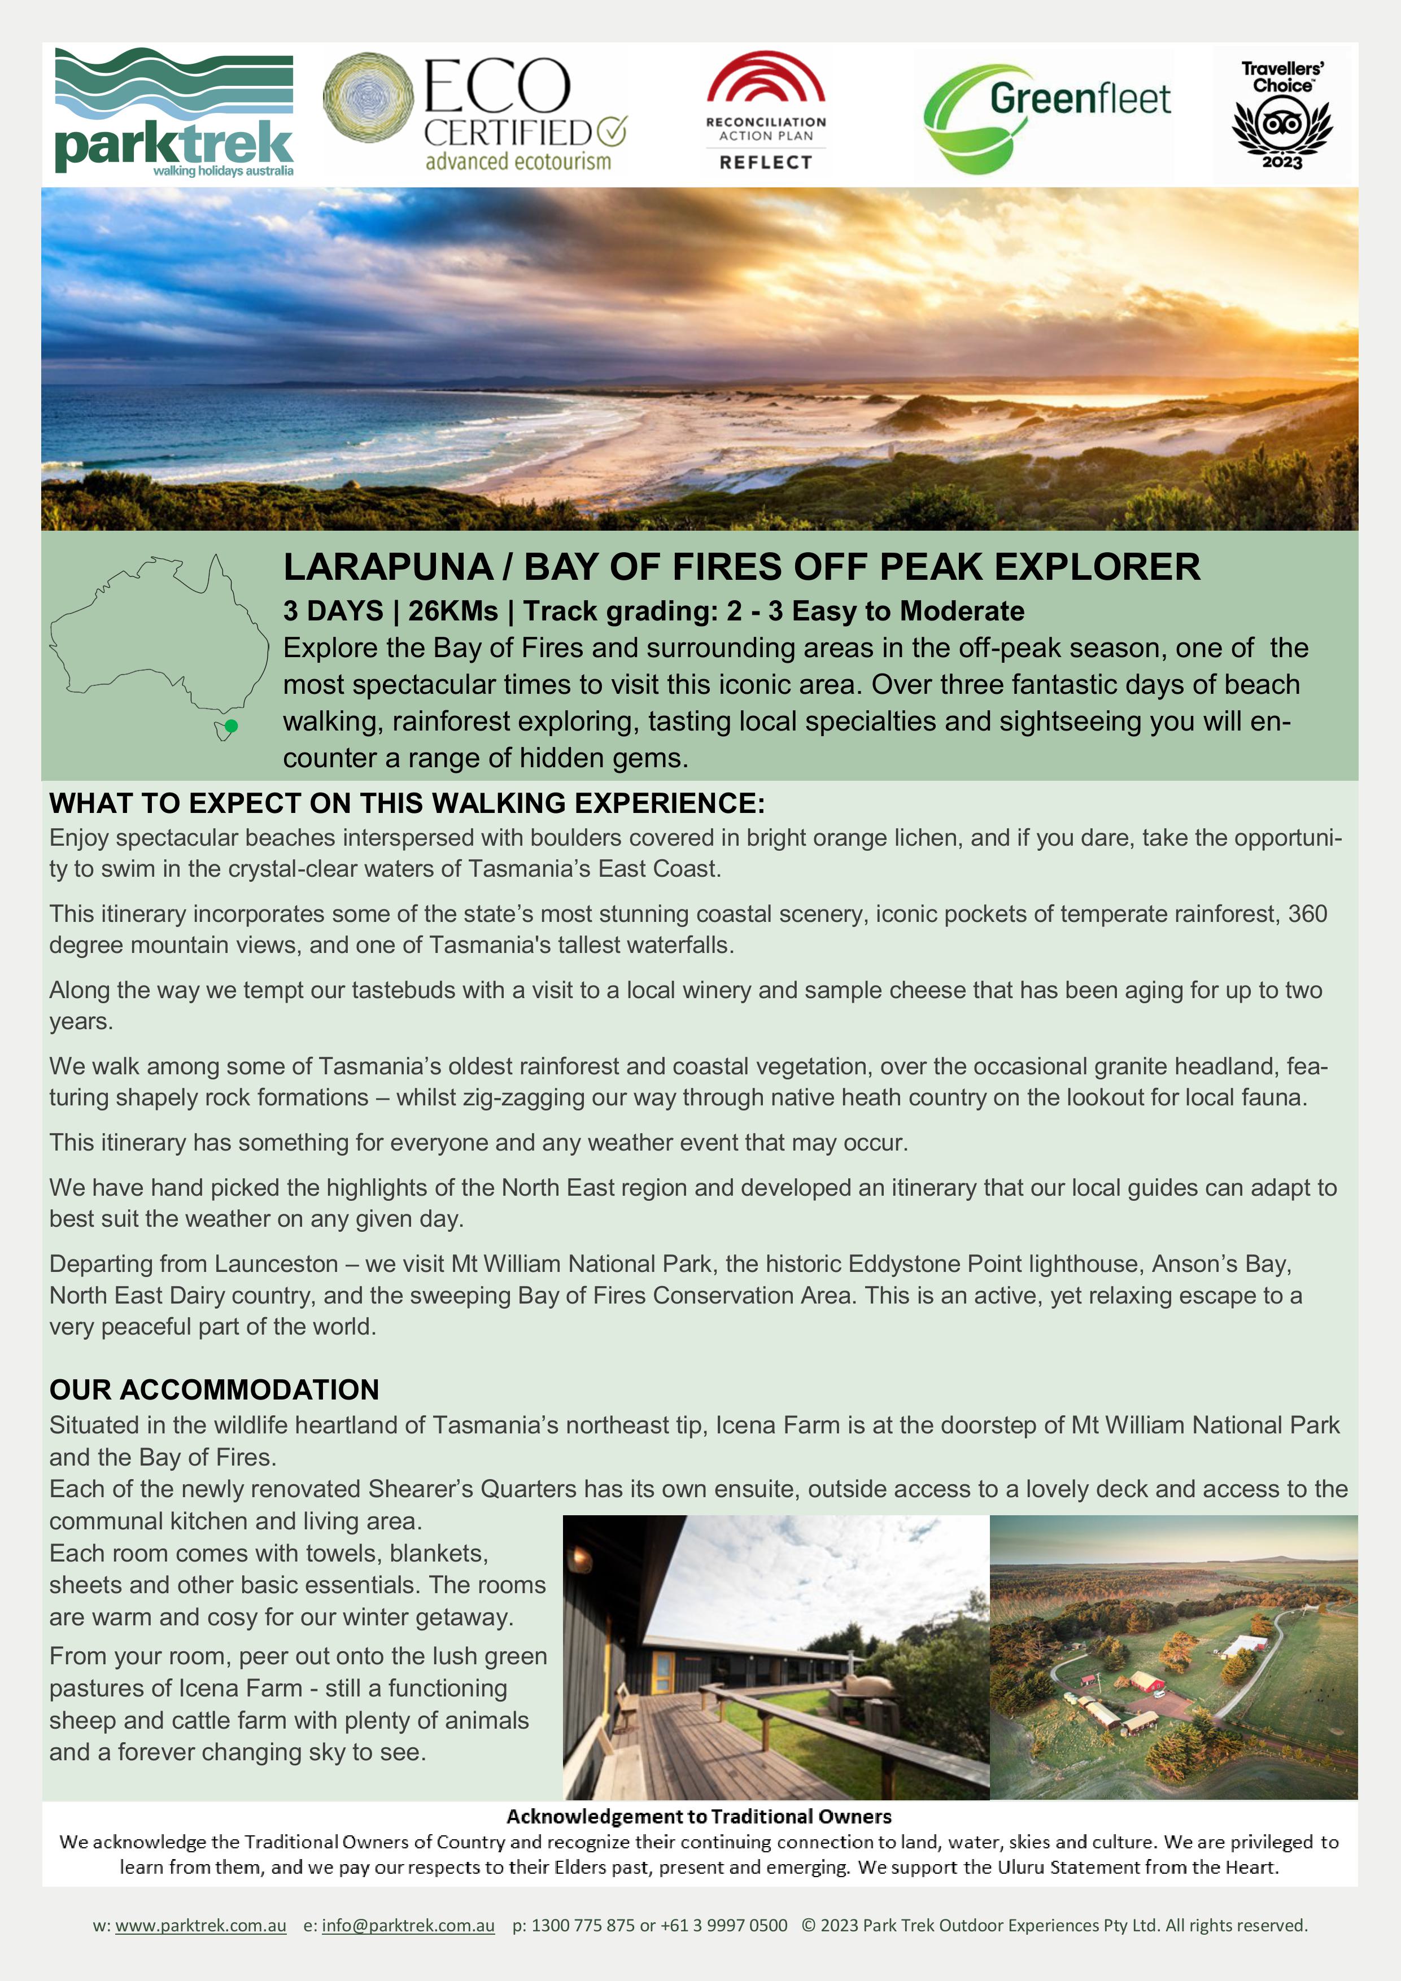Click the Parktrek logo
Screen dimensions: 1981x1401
[x=173, y=112]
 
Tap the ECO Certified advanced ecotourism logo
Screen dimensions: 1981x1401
[x=475, y=112]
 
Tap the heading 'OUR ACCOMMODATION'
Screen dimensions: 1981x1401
[x=214, y=1389]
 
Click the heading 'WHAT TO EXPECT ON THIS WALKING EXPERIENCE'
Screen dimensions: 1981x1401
[x=407, y=803]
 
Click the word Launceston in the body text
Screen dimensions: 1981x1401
[x=276, y=1264]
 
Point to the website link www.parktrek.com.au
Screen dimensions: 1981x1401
[x=200, y=1925]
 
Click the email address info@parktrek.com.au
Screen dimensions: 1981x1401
[x=408, y=1925]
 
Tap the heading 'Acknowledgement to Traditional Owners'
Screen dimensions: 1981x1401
[x=699, y=1816]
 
